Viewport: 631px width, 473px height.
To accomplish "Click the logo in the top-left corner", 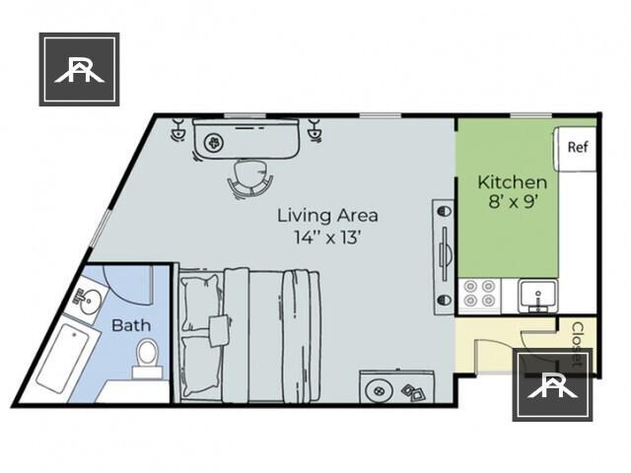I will (x=79, y=69).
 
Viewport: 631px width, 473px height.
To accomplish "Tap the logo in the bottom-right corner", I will (x=552, y=384).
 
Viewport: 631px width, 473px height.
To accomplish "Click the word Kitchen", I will (x=512, y=182).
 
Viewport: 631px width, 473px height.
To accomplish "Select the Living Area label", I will (x=327, y=215).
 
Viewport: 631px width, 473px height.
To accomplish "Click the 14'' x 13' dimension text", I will (x=327, y=236).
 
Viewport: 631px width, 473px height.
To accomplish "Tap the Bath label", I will (x=130, y=325).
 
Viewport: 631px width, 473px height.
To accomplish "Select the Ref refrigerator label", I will (x=578, y=147).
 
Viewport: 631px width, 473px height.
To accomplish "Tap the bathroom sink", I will (x=91, y=302).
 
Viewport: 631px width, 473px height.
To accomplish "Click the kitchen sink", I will (x=538, y=294).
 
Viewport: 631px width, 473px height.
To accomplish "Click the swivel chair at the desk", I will (x=250, y=178).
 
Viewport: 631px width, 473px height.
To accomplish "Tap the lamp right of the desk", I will (x=315, y=129).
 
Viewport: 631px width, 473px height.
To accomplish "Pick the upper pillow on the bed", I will (x=200, y=293).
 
